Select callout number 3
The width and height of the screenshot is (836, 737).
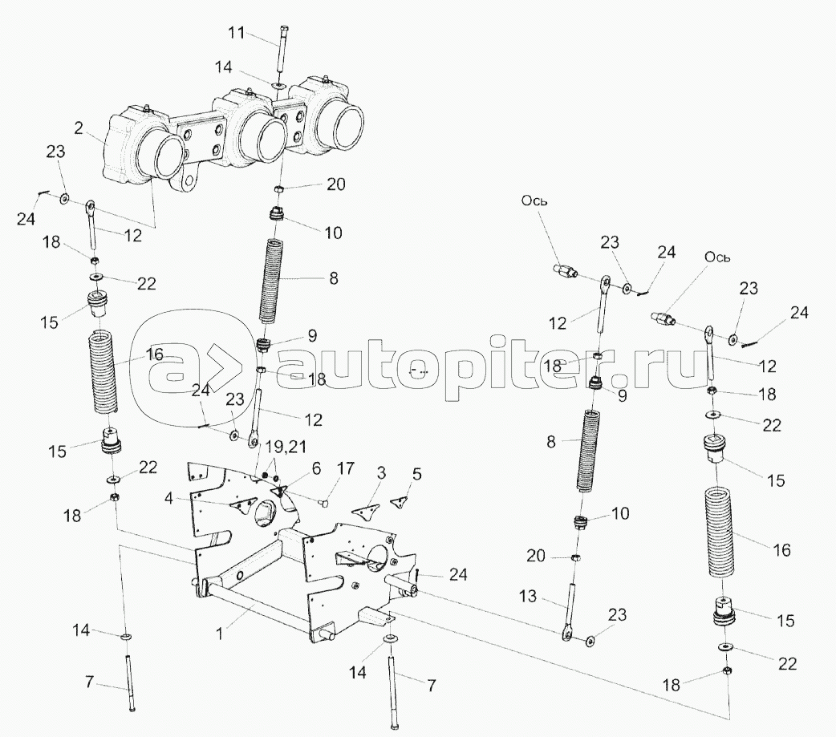tap(381, 472)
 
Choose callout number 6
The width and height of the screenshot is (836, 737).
tap(294, 468)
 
